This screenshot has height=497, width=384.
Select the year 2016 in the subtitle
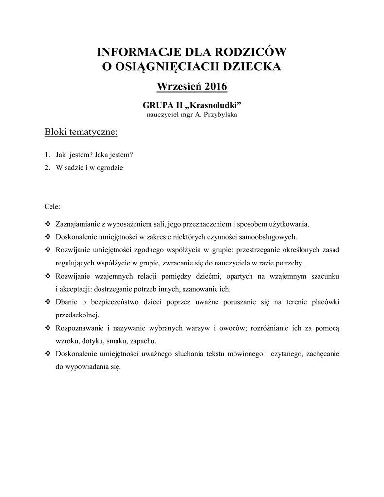[x=216, y=87]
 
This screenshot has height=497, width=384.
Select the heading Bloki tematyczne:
[x=81, y=132]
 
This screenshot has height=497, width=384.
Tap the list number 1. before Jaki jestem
[x=47, y=155]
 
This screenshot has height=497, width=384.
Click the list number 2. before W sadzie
[x=47, y=168]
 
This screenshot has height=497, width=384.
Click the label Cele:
[x=52, y=206]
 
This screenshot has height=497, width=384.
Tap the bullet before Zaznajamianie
[x=48, y=224]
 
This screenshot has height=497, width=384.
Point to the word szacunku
[x=324, y=276]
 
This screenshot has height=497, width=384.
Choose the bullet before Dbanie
[x=48, y=302]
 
